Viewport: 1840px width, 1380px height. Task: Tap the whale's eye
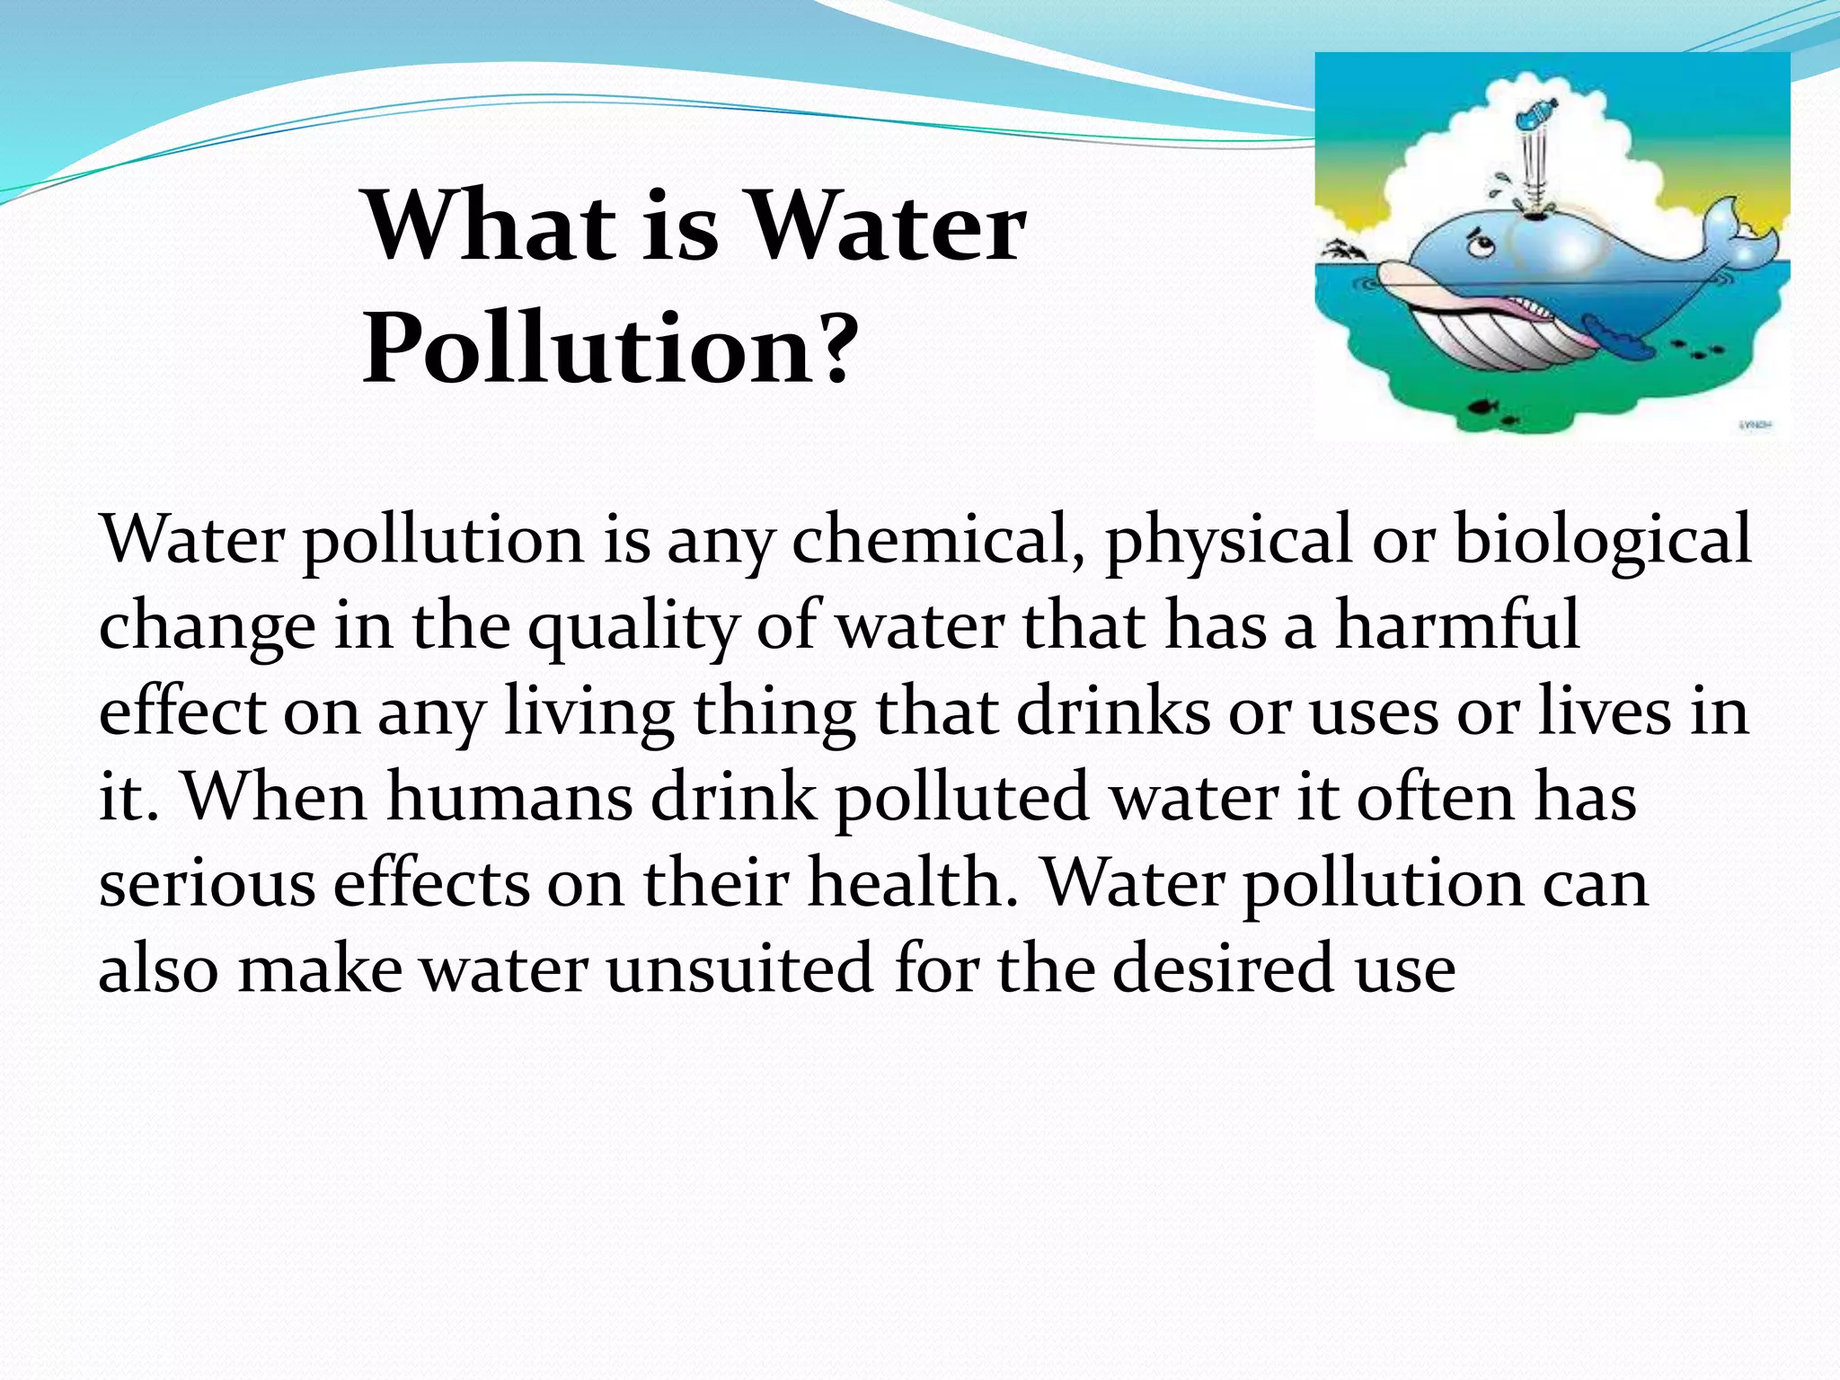(x=1480, y=246)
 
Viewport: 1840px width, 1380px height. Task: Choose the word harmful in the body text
(x=1456, y=626)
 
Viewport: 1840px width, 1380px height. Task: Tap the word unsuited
(x=739, y=969)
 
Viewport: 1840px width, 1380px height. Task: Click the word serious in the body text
(x=207, y=883)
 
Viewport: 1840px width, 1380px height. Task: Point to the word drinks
(x=1114, y=712)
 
